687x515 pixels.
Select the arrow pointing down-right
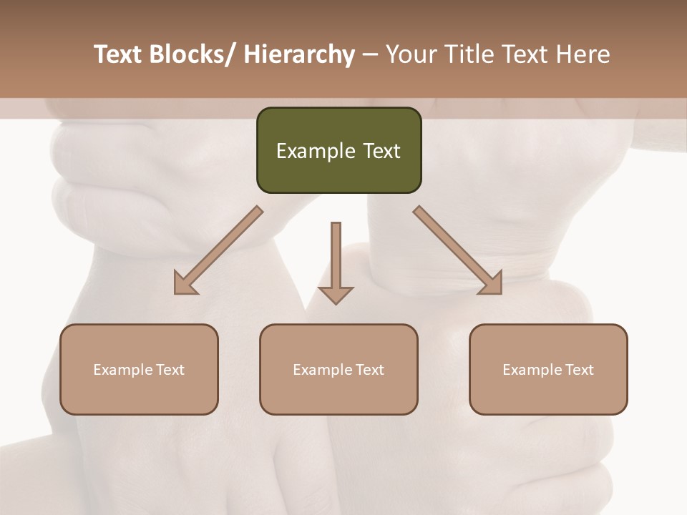[x=458, y=250]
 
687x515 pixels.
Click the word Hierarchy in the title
[x=299, y=54]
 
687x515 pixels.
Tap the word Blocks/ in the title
[x=191, y=54]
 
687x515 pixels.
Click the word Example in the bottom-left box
[x=123, y=370]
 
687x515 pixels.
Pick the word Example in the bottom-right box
[x=532, y=370]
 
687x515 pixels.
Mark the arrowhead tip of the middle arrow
[x=336, y=303]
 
